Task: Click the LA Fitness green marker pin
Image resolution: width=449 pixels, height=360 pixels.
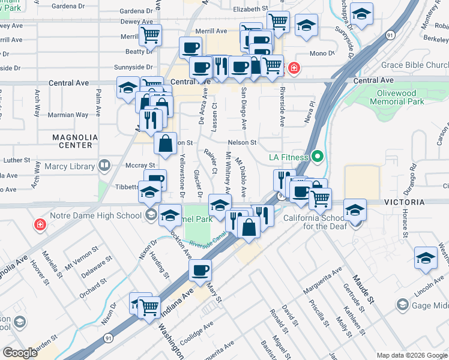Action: (319, 158)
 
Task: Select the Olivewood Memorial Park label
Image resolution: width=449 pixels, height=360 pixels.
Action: (400, 97)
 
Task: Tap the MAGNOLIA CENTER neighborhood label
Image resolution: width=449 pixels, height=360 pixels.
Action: (72, 141)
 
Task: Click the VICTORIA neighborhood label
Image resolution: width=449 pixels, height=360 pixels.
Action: (423, 203)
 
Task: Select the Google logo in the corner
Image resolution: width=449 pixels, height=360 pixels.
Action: (20, 352)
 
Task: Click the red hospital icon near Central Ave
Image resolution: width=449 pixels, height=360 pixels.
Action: (294, 68)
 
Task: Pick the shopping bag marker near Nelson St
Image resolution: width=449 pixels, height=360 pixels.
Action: (166, 143)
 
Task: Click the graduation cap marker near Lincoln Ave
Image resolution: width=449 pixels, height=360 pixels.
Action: (426, 257)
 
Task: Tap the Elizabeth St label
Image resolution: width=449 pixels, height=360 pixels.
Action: (250, 10)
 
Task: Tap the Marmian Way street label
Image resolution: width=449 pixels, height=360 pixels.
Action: (71, 115)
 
